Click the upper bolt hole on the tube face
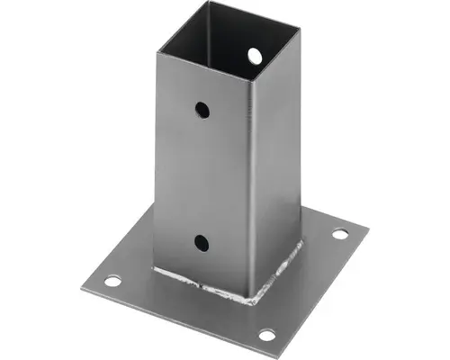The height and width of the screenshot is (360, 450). point(202,110)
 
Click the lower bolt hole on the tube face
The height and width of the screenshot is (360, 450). point(201,241)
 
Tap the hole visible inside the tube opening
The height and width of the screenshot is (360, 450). point(255,56)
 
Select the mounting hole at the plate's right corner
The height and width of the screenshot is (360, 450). point(339,234)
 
